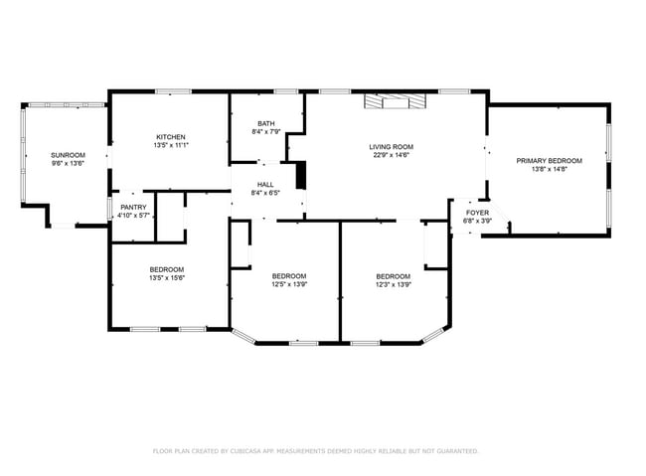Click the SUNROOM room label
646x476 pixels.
click(69, 155)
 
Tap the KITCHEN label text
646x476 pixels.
click(170, 137)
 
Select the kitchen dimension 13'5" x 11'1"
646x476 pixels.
click(170, 146)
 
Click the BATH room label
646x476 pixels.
click(265, 122)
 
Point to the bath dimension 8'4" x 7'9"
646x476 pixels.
click(265, 131)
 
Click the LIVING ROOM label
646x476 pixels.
click(393, 146)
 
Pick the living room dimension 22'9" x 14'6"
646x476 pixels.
click(393, 155)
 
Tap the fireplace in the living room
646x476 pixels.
click(395, 100)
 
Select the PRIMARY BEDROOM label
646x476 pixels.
click(549, 160)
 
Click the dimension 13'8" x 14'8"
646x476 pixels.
click(549, 169)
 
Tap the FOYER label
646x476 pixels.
click(478, 213)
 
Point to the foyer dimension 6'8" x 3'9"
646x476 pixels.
click(478, 221)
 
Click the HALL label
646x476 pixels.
click(265, 184)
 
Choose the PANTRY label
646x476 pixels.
click(133, 208)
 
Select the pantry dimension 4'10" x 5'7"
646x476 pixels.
click(133, 216)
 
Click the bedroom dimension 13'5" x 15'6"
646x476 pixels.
click(167, 278)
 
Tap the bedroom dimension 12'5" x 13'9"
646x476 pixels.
click(289, 284)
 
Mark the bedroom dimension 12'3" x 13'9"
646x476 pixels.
click(393, 284)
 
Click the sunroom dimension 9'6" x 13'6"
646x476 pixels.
click(69, 164)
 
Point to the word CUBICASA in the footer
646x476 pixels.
click(256, 450)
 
